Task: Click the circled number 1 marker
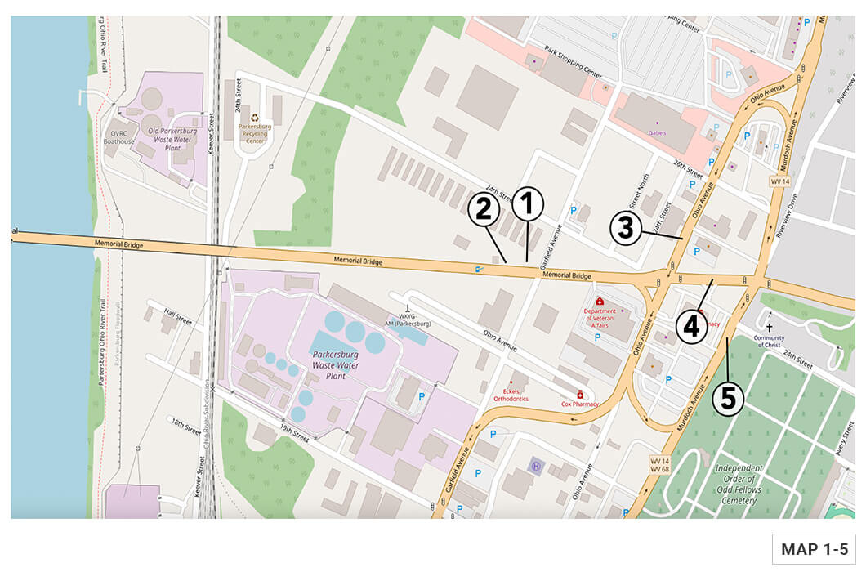(527, 204)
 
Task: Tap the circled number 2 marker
(483, 210)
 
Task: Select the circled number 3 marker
(625, 227)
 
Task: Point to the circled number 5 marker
(728, 400)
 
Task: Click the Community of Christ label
(769, 342)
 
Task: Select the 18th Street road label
(185, 425)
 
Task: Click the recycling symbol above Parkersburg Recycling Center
(255, 118)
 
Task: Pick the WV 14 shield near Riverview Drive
(779, 180)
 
